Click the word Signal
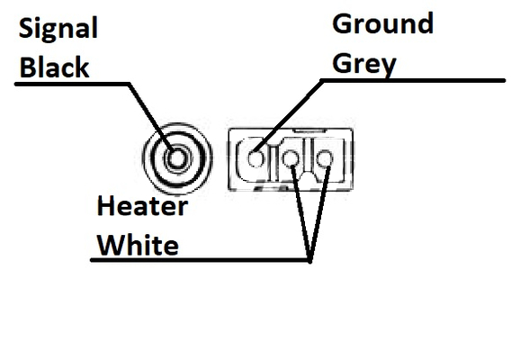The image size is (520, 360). pyautogui.click(x=58, y=29)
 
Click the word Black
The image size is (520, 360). pyautogui.click(x=55, y=67)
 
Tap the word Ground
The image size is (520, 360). pyautogui.click(x=383, y=23)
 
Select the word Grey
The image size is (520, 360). pyautogui.click(x=364, y=65)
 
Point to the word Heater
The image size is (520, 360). pyautogui.click(x=143, y=206)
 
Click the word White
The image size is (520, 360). pyautogui.click(x=138, y=245)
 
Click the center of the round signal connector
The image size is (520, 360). pyautogui.click(x=176, y=158)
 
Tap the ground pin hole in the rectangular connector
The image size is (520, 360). pyautogui.click(x=256, y=157)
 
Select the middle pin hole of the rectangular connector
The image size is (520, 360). pyautogui.click(x=291, y=158)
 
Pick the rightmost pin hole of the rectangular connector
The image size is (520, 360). pyautogui.click(x=325, y=158)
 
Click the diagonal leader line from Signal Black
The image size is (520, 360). pyautogui.click(x=151, y=118)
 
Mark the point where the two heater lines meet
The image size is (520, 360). pyautogui.click(x=309, y=261)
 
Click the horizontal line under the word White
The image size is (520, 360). pyautogui.click(x=200, y=260)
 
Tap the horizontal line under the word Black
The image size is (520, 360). pyautogui.click(x=72, y=84)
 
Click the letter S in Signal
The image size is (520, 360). pyautogui.click(x=26, y=28)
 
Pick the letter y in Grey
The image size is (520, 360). pyautogui.click(x=389, y=68)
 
